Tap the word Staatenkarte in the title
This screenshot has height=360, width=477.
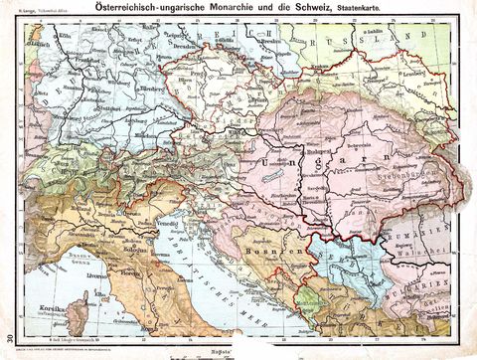pyautogui.click(x=346, y=9)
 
